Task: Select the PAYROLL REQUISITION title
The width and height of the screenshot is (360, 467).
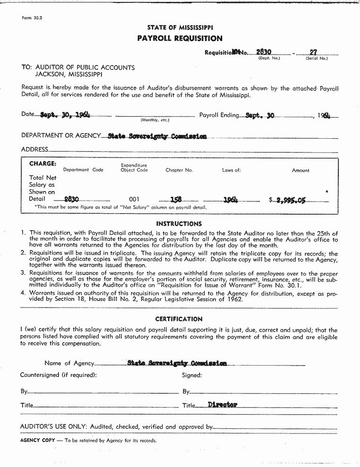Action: [x=180, y=38]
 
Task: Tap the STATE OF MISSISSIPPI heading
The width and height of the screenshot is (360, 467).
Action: [x=180, y=28]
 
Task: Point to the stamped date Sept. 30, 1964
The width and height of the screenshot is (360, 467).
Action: [x=65, y=115]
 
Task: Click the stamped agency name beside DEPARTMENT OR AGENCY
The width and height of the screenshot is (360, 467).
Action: [x=157, y=136]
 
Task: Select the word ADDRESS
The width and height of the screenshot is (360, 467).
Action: [x=34, y=150]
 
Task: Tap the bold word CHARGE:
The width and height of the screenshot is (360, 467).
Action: [x=42, y=164]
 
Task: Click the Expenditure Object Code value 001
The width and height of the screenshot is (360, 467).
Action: [x=134, y=200]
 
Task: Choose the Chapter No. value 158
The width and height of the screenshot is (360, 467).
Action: [x=176, y=200]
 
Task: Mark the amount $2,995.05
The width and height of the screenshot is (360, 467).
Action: [x=288, y=200]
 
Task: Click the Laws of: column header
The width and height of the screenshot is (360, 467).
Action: [x=231, y=170]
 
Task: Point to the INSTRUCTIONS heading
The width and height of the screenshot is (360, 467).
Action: [x=179, y=224]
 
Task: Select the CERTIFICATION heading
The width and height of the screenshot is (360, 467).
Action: [x=179, y=319]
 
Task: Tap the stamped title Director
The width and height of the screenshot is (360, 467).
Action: [x=223, y=405]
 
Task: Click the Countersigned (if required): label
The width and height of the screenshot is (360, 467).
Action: [x=58, y=375]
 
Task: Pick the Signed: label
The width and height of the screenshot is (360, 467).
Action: [x=192, y=375]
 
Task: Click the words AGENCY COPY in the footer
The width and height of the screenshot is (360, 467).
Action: [x=37, y=441]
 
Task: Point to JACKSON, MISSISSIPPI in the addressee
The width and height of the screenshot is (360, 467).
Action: [x=68, y=75]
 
